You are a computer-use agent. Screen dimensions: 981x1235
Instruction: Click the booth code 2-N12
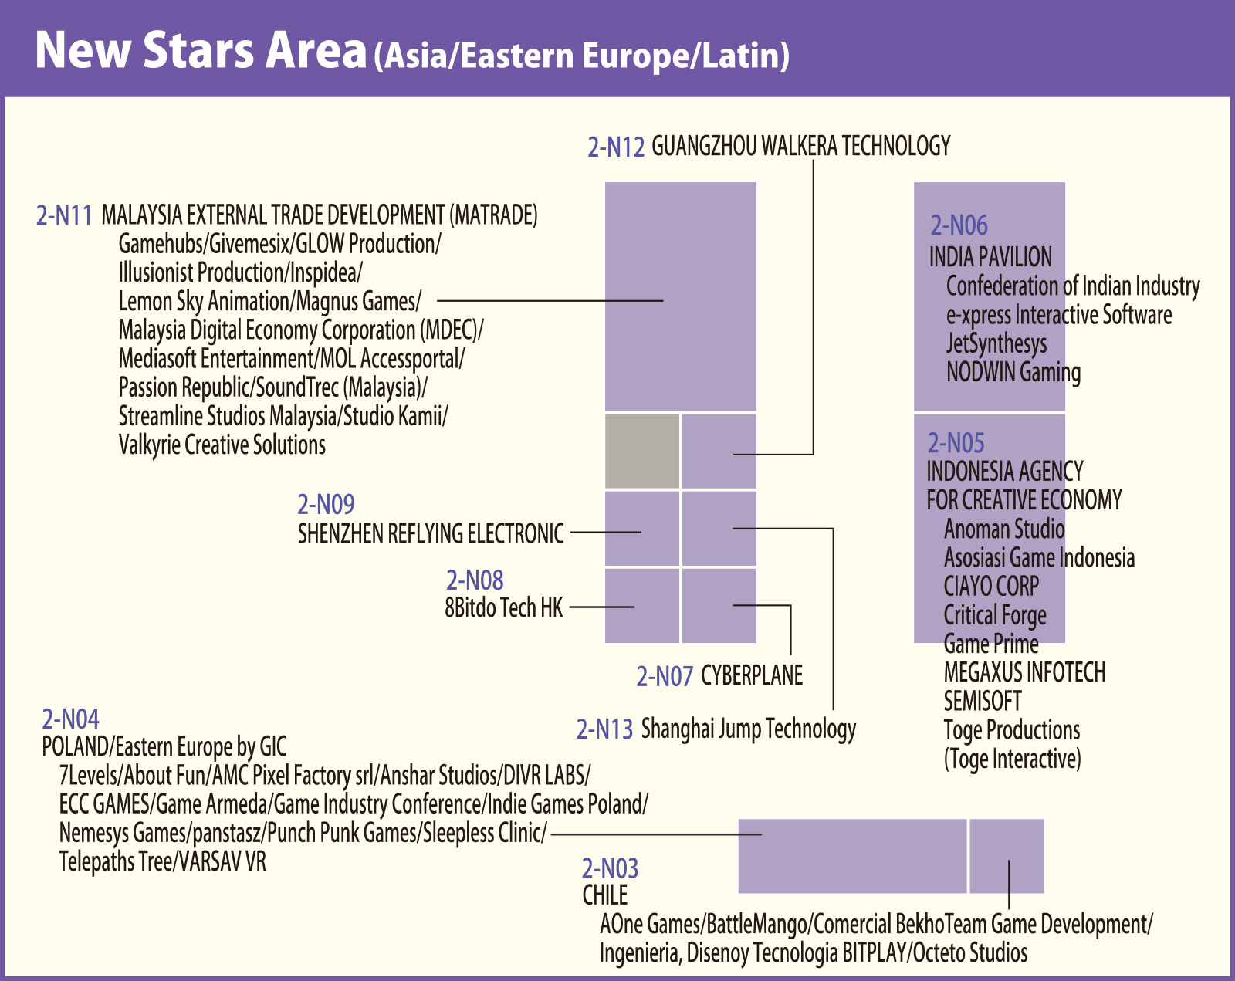click(615, 147)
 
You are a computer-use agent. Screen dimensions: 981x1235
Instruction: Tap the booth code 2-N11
click(64, 215)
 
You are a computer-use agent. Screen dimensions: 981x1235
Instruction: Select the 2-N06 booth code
click(959, 225)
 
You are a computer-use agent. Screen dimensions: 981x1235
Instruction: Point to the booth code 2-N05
click(956, 443)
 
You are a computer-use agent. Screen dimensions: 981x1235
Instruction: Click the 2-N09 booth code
click(326, 505)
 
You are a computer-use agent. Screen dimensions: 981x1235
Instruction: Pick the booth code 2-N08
click(475, 580)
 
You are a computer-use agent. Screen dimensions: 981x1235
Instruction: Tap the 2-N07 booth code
click(665, 677)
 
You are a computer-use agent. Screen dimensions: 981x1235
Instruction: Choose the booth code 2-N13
click(604, 729)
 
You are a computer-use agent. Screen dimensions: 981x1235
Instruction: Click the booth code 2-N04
click(70, 719)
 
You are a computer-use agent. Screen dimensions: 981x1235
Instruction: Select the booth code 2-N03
click(610, 869)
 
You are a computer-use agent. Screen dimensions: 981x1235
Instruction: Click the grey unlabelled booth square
click(642, 452)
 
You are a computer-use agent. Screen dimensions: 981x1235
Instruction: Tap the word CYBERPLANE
click(752, 676)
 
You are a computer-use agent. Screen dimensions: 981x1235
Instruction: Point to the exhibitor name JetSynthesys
click(996, 343)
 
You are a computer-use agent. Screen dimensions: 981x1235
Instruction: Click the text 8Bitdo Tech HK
click(504, 608)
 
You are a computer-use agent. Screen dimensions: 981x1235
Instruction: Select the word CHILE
click(605, 895)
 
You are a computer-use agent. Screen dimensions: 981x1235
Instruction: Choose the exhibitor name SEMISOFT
click(983, 702)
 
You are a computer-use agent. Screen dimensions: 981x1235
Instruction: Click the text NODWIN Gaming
click(1013, 372)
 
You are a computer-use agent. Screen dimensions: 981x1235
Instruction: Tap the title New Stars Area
click(201, 50)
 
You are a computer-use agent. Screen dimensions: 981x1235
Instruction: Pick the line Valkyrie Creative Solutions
click(222, 445)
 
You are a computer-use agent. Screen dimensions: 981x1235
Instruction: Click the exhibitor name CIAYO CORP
click(991, 587)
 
